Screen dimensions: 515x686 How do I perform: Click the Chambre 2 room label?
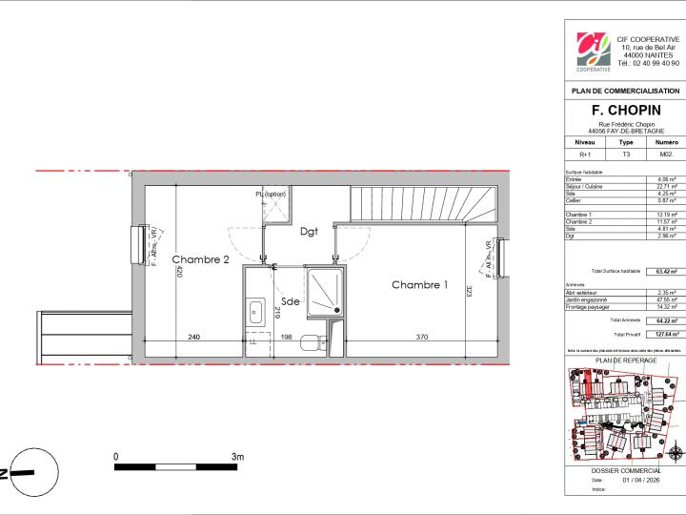click(200, 259)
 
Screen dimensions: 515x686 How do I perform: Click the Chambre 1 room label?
click(419, 284)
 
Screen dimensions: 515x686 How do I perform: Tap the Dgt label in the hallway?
click(309, 231)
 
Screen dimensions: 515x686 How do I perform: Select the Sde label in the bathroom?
click(290, 301)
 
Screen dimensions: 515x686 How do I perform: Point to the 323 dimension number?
click(470, 289)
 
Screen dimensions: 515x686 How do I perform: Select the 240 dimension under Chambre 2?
click(193, 337)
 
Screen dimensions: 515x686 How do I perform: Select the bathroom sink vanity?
click(255, 312)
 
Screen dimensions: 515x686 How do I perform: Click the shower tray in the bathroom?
click(328, 291)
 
